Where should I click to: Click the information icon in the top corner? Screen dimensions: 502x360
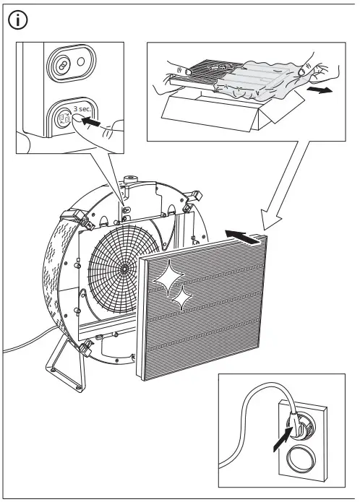point(17,20)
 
